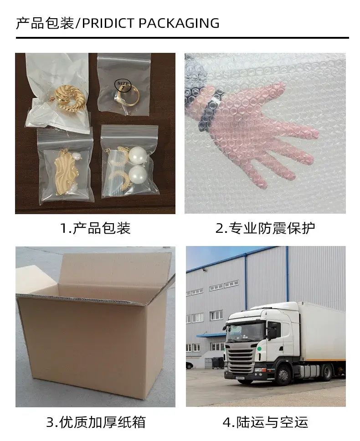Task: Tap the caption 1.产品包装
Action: tap(96, 228)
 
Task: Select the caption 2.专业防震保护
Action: tap(265, 228)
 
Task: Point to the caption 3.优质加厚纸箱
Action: tap(96, 422)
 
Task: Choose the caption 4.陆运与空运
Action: tap(265, 422)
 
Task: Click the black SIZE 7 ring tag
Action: tap(123, 85)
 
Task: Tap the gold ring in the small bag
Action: tap(128, 97)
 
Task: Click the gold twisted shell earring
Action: tap(70, 97)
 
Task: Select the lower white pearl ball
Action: tap(136, 174)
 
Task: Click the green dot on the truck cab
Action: tap(259, 349)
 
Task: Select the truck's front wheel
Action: tap(283, 374)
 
